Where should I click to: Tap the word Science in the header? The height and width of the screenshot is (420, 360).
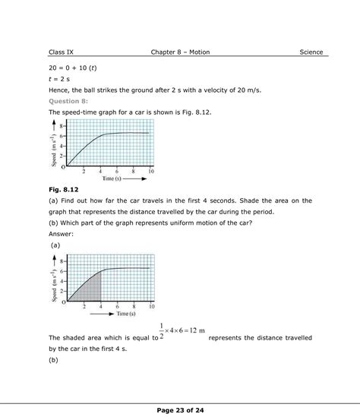pyautogui.click(x=311, y=52)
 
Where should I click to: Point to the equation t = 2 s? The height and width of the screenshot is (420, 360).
pyautogui.click(x=61, y=78)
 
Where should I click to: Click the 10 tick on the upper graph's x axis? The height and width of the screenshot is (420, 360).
pyautogui.click(x=152, y=171)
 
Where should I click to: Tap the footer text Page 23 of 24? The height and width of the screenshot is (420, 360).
pyautogui.click(x=180, y=409)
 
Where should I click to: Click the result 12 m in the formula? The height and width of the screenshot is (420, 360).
pyautogui.click(x=195, y=331)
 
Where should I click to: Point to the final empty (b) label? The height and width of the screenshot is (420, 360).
pyautogui.click(x=53, y=360)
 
